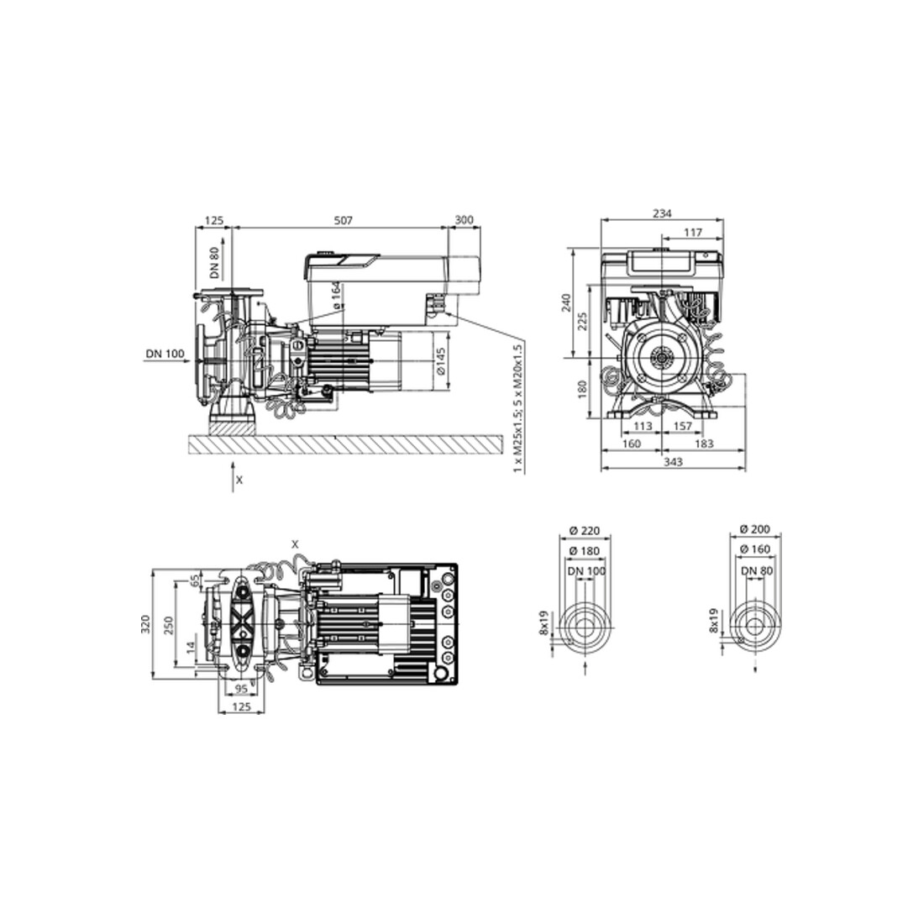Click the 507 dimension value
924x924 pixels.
tap(343, 220)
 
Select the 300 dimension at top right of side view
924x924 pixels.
tap(465, 220)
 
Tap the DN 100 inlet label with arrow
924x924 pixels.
tap(165, 354)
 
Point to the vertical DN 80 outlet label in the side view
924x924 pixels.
tap(214, 262)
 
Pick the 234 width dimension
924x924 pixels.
tap(663, 214)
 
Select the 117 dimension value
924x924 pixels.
tap(693, 233)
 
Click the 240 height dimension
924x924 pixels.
tap(566, 302)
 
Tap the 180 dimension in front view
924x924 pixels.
tap(583, 390)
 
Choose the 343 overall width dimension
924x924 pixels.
tap(673, 463)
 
